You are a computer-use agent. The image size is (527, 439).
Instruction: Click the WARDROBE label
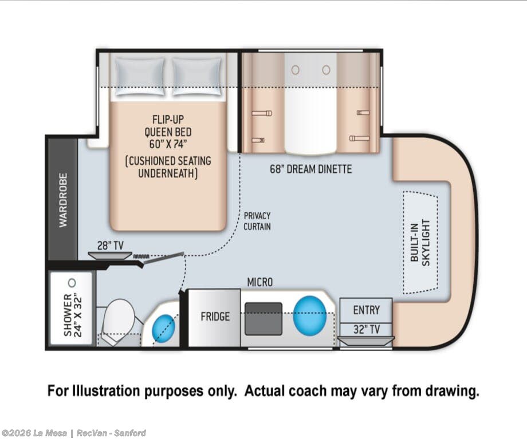(63, 200)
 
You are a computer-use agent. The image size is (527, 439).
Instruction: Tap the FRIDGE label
(215, 317)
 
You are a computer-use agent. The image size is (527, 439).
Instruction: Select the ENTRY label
(367, 310)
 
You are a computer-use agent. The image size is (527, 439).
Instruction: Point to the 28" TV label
(110, 246)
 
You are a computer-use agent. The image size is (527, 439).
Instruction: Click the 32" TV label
(367, 330)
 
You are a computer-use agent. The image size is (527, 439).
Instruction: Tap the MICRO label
(260, 282)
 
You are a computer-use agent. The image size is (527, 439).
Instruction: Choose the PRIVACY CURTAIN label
(257, 221)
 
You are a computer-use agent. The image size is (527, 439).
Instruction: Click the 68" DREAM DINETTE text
(311, 169)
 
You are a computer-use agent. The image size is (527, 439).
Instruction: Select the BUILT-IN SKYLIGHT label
(420, 243)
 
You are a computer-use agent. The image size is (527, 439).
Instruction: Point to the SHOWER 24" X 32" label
(73, 315)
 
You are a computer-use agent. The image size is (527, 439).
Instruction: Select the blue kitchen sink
(309, 316)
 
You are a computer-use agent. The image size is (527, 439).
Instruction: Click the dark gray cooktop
(263, 319)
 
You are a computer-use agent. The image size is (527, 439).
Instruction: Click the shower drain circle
(72, 283)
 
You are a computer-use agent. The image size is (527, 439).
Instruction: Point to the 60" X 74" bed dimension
(168, 144)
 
